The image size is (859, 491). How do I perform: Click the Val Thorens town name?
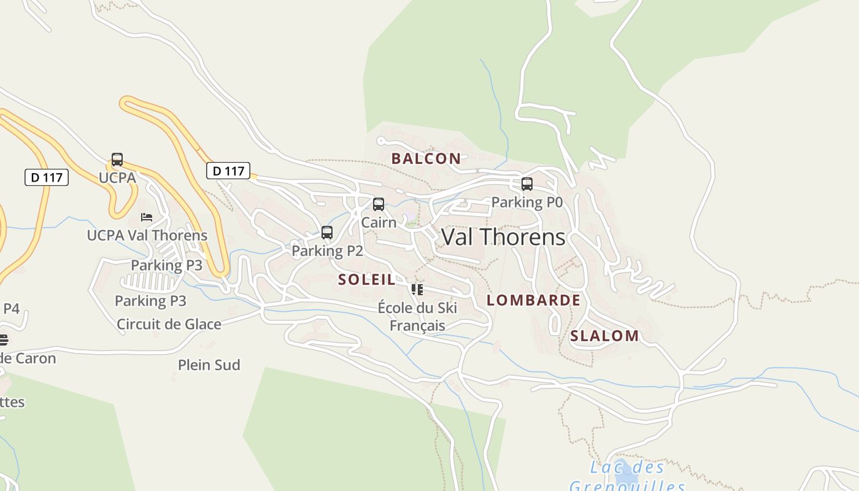pos(503,237)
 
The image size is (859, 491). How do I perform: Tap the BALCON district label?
pos(426,158)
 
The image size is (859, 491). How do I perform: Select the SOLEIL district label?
pos(367,280)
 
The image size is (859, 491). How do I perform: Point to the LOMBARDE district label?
pos(533,300)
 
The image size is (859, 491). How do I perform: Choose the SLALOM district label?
pos(604,336)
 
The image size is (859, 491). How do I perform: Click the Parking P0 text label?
pos(526,202)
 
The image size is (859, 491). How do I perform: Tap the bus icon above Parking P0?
pos(526,184)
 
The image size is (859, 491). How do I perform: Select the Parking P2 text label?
pos(327,250)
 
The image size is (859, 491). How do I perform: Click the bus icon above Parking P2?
pos(327,233)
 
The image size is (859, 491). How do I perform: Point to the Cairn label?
pos(379,222)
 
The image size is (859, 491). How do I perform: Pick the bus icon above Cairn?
pos(379,204)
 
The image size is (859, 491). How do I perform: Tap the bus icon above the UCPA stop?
pos(117,160)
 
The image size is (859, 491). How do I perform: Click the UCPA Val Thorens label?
pos(147,235)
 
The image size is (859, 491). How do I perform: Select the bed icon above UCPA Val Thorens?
pos(147,217)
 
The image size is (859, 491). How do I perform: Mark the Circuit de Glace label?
pos(169,324)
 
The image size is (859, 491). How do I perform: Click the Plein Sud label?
pos(209,365)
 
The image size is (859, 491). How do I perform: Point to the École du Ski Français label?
pos(417,316)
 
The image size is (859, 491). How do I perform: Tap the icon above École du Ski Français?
pos(417,290)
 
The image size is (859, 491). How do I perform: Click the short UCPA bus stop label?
pos(117,177)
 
